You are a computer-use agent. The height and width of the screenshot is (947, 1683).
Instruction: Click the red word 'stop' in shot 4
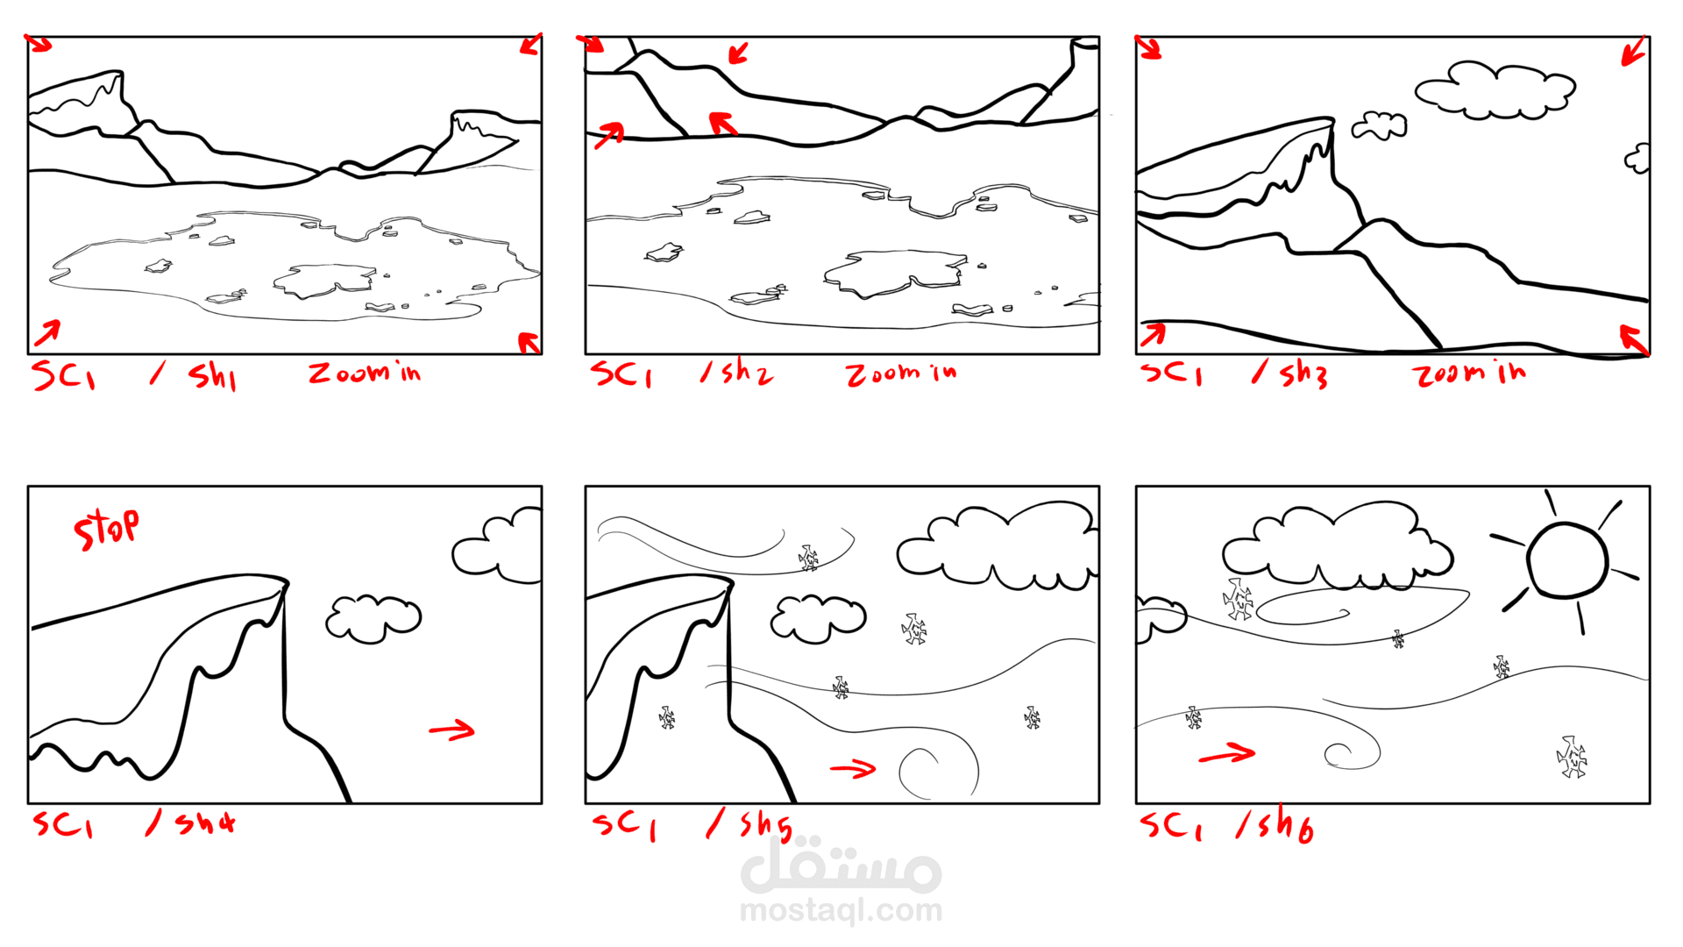[106, 529]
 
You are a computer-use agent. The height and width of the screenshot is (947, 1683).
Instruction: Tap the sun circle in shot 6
[1567, 561]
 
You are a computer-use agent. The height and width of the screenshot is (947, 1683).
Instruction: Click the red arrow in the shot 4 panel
[451, 730]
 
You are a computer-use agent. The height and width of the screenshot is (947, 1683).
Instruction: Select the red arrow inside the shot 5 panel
[853, 769]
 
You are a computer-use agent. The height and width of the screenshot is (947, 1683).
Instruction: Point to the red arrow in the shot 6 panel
[1226, 753]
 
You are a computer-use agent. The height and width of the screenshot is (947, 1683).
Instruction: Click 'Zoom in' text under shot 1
[365, 374]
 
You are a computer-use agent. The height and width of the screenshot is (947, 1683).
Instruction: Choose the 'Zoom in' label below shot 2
[901, 374]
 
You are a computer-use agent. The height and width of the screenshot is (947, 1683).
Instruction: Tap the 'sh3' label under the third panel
[1303, 374]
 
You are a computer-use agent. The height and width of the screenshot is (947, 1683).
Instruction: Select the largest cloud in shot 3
[1495, 89]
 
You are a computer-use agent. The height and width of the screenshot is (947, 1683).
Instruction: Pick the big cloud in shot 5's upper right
[997, 548]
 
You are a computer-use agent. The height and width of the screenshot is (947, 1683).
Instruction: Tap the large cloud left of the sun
[1337, 548]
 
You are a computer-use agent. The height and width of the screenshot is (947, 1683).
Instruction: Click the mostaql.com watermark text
[841, 911]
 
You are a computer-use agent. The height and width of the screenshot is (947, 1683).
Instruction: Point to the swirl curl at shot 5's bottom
[938, 772]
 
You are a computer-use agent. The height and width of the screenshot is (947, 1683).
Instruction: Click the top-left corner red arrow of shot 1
[39, 43]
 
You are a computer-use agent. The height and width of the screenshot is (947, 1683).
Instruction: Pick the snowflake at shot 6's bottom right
[1572, 758]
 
